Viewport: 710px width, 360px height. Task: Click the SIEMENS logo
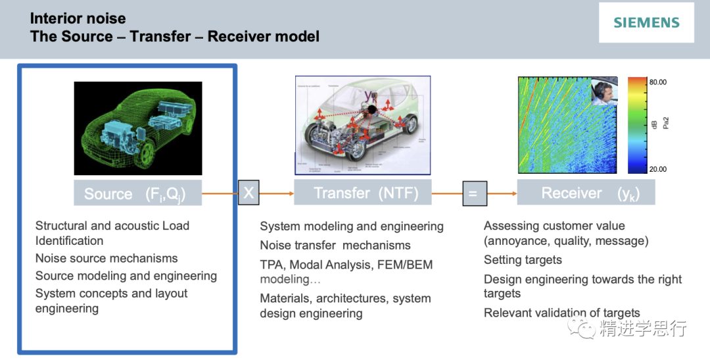(646, 22)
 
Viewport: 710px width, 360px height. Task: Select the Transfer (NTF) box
(362, 193)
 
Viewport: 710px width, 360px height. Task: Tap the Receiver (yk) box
(586, 193)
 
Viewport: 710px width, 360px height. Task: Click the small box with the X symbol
(248, 193)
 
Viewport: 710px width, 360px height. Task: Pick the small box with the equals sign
(475, 193)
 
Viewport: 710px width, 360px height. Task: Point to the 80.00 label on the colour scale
(657, 82)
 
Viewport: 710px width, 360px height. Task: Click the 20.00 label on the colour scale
(657, 169)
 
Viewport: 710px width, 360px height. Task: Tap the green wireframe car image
(138, 128)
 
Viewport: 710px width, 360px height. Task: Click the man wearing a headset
(607, 91)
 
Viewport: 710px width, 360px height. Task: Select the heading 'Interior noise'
(78, 18)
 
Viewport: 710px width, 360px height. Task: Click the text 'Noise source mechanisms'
(106, 259)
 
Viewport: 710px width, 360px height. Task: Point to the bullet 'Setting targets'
(523, 260)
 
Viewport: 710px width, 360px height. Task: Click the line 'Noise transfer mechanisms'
(335, 245)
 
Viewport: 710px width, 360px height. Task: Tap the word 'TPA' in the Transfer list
(272, 265)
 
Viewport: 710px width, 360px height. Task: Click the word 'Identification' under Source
(69, 241)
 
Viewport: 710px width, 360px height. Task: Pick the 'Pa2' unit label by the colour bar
(665, 122)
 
